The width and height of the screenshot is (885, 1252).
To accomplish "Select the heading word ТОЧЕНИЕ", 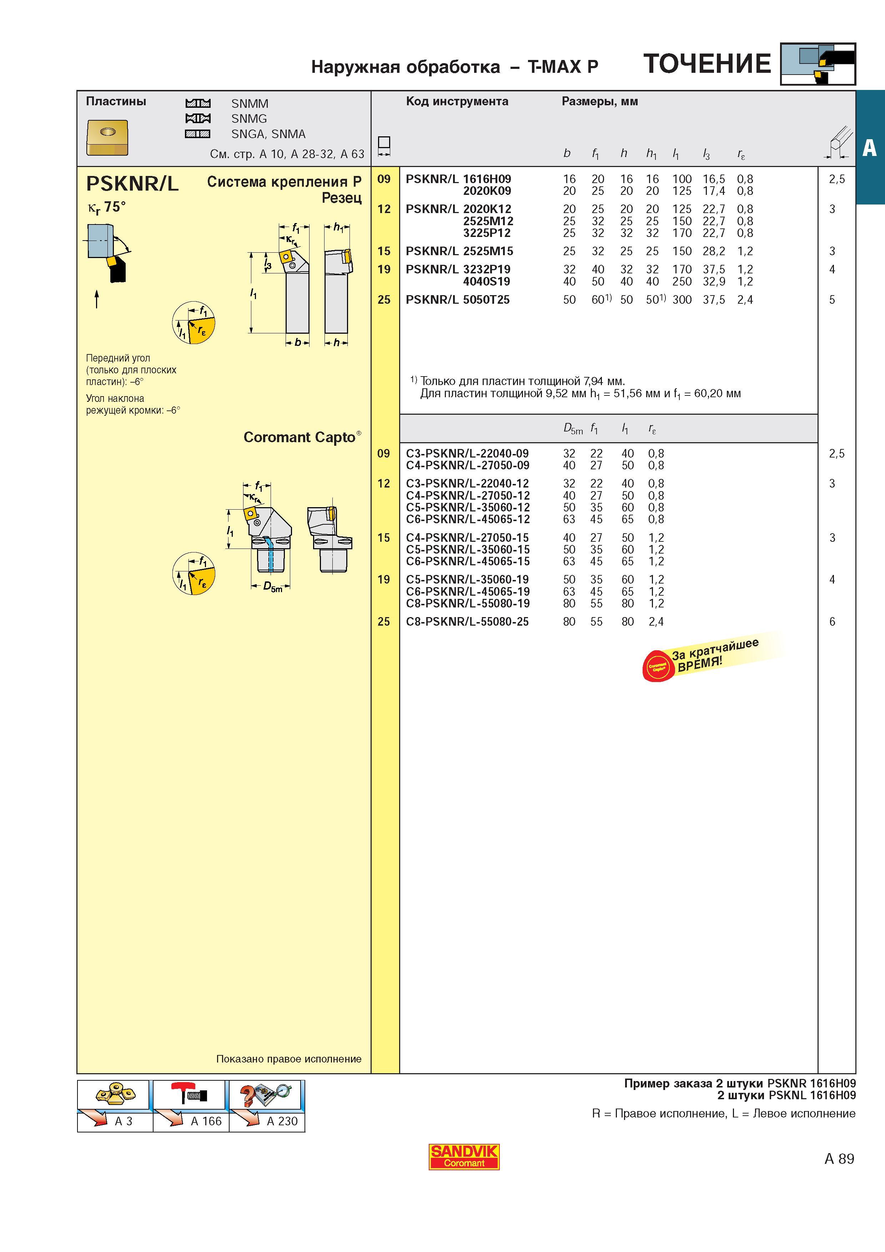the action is click(707, 64).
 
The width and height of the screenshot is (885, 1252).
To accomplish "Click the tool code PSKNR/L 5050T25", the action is click(458, 299).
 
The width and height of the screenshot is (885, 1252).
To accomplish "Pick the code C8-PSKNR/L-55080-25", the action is click(467, 622).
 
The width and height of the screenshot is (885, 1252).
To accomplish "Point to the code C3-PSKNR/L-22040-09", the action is click(467, 453).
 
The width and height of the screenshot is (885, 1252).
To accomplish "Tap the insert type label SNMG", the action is click(249, 118).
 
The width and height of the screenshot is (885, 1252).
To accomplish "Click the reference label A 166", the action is click(206, 1121).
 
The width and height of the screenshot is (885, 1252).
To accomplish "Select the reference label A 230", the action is click(282, 1121).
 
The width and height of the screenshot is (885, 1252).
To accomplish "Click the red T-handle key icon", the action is click(188, 1094).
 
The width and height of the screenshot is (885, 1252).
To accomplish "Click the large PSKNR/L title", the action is click(132, 184).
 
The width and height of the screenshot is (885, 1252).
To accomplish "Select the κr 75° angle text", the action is click(107, 208).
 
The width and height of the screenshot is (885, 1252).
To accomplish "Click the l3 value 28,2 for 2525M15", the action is click(714, 251).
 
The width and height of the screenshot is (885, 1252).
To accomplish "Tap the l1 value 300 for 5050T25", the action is click(682, 299).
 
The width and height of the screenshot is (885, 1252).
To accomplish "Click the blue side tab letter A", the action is click(869, 147).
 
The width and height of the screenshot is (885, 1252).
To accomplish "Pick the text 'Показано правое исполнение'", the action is click(289, 1059).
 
